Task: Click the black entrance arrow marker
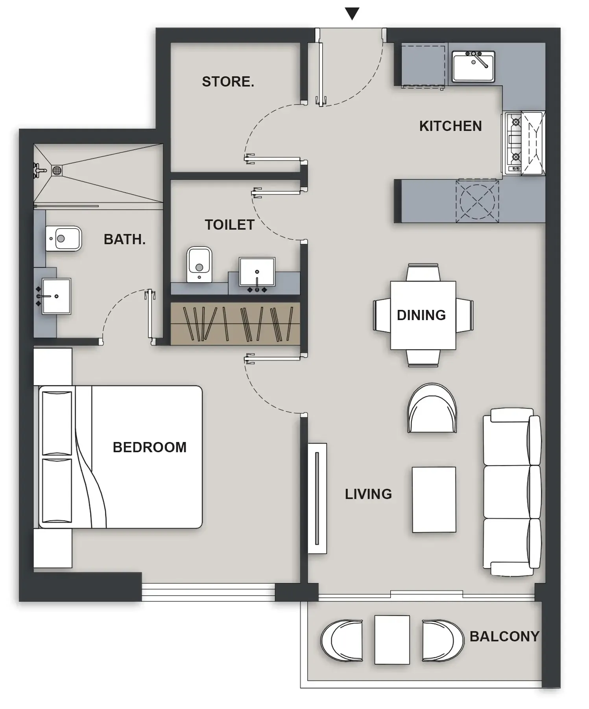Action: (352, 14)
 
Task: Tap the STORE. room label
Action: (228, 82)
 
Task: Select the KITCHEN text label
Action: (450, 126)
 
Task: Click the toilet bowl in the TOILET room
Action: (199, 264)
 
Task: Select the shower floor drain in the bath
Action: (57, 171)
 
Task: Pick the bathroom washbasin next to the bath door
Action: (56, 296)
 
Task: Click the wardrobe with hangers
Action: (235, 324)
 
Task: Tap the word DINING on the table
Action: (421, 315)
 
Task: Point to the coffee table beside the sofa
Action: (434, 499)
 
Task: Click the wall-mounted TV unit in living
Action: (317, 498)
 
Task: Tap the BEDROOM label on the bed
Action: (150, 447)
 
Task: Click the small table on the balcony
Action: (392, 640)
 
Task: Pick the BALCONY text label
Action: (504, 636)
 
